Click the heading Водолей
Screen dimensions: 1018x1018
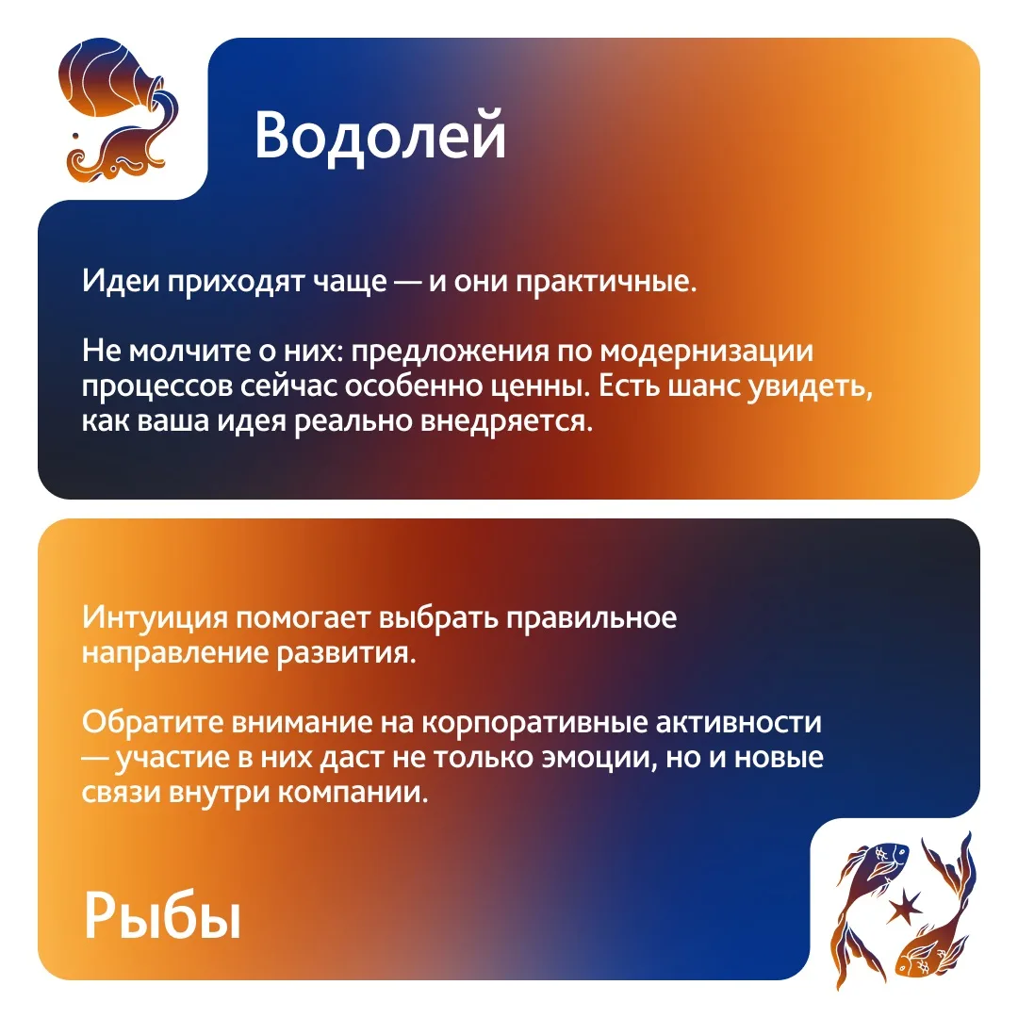[x=380, y=135]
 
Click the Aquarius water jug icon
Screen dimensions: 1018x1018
[x=118, y=110]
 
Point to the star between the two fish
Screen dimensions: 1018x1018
[x=903, y=907]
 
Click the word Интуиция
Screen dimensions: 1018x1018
[x=156, y=617]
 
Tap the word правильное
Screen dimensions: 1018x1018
[x=591, y=618]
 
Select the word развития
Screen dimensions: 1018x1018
[x=347, y=653]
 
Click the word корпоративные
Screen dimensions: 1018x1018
[x=534, y=723]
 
